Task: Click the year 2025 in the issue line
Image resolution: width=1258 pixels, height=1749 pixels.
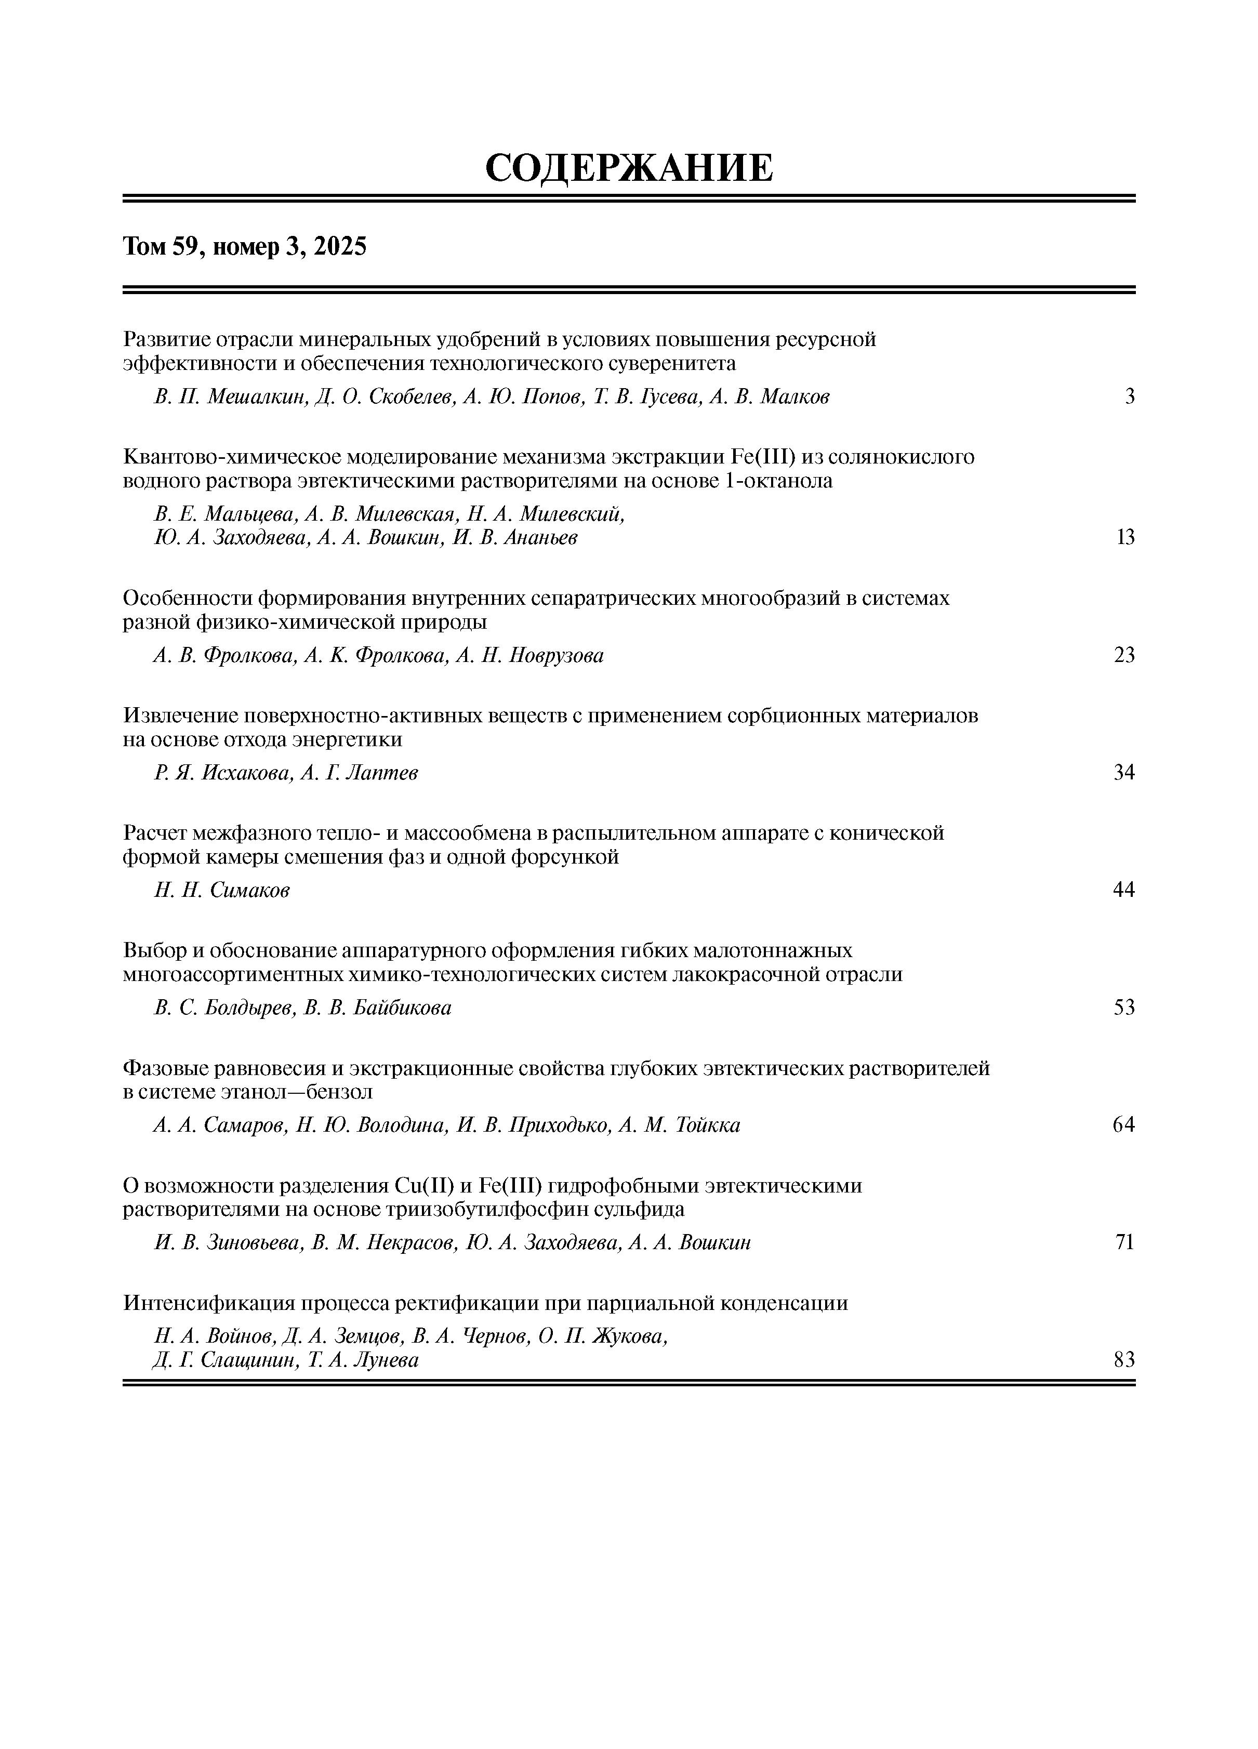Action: coord(340,247)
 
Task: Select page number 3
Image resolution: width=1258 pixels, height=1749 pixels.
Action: coord(1129,397)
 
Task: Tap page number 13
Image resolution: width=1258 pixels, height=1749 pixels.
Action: coord(1125,537)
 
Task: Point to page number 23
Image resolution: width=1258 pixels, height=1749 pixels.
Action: coord(1124,656)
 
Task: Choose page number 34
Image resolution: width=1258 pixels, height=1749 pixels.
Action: coord(1124,773)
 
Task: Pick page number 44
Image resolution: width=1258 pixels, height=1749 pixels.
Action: coord(1124,890)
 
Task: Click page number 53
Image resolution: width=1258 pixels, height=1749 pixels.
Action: coord(1124,1008)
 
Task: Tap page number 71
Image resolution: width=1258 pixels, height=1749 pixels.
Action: coord(1124,1242)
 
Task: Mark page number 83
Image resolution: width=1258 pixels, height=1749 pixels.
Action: coord(1124,1360)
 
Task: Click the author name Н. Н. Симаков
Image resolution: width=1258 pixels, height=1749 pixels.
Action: coord(222,891)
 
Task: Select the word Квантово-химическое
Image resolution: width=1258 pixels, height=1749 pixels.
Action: coord(231,457)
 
